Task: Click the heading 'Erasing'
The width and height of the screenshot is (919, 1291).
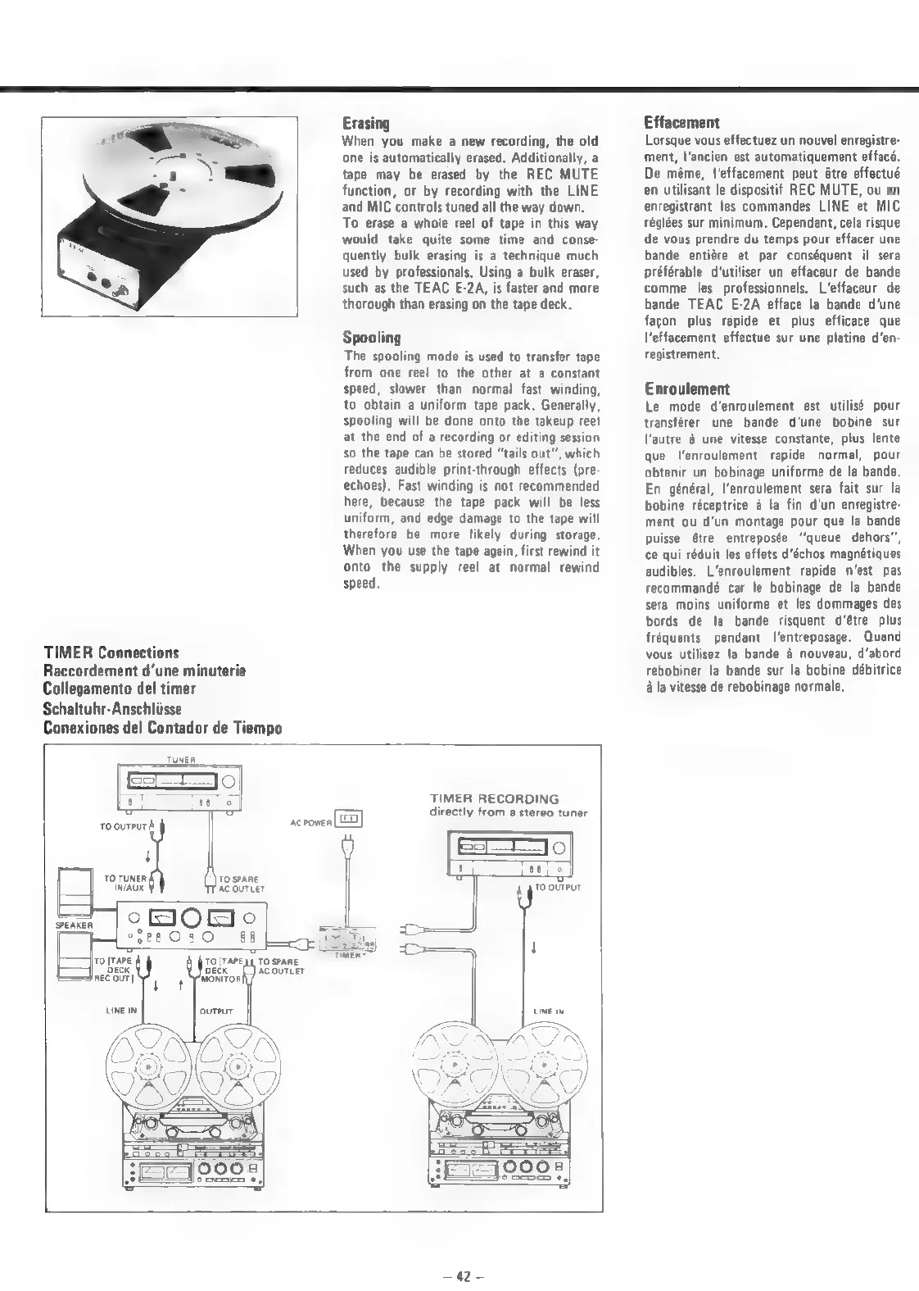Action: (365, 124)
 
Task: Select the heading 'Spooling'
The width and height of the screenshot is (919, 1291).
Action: (372, 338)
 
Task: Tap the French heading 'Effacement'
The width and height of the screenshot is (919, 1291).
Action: (681, 123)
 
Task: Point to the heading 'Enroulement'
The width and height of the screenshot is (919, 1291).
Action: (686, 389)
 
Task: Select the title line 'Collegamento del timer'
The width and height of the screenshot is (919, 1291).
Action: (120, 689)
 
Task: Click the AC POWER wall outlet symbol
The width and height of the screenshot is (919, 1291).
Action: (351, 818)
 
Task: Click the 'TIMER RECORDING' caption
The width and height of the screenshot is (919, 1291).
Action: (495, 798)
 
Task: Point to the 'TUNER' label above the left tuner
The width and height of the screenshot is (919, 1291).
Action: (177, 760)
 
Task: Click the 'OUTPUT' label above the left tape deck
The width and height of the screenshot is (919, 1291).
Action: (216, 1011)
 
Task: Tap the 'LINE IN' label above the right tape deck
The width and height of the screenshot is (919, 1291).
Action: (549, 1011)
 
